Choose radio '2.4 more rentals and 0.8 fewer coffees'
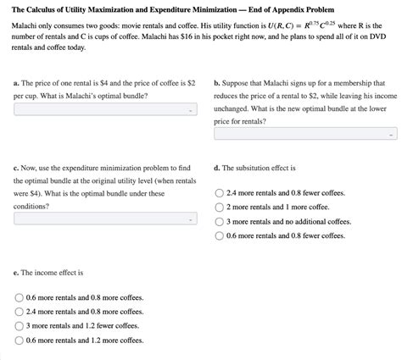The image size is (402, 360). pos(221,193)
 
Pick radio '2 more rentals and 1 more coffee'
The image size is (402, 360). pos(221,207)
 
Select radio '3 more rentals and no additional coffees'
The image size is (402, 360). pos(221,221)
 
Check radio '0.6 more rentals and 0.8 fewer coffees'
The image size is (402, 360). pos(221,235)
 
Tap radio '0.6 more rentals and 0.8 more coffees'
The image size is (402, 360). pos(20,297)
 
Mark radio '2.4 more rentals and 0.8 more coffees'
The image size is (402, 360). pos(20,312)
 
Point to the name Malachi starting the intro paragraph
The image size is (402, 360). pos(26,28)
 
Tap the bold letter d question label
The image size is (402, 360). pos(217,168)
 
